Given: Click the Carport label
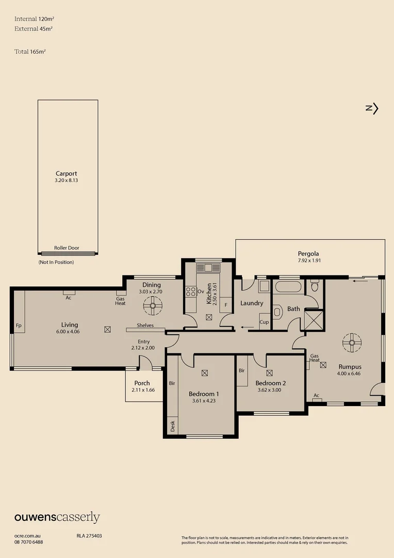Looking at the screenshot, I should coord(66,174).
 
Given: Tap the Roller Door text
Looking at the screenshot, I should coord(67,248).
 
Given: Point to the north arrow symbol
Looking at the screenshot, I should coord(372,109).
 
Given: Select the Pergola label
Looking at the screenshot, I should coord(308,254).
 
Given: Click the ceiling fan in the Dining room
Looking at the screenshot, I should coord(153,306).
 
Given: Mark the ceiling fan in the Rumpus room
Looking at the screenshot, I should coord(352,341).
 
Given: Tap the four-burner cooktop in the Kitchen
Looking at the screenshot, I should coord(191,291).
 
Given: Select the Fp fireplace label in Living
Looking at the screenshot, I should coord(19,326).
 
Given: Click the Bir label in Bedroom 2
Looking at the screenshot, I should coord(241,370).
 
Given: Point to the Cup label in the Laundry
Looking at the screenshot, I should coord(264,322).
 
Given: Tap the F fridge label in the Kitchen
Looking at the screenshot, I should coord(225,305).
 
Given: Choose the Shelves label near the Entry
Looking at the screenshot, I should coord(145,326).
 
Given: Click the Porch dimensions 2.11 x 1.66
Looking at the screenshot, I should coord(142,390).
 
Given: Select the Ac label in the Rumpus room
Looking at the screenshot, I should coord(316,395).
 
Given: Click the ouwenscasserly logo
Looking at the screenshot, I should coord(57,517).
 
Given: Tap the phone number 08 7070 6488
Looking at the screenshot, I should coord(29,542).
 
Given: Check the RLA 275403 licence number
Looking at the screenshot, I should coord(86,536).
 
